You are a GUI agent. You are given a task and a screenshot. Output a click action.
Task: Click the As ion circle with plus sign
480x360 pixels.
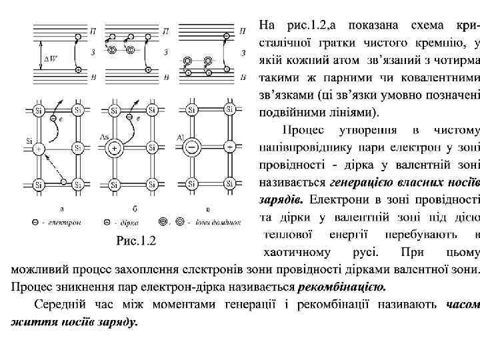click(x=115, y=147)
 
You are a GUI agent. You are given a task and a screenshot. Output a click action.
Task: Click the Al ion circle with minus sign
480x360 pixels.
click(x=191, y=147)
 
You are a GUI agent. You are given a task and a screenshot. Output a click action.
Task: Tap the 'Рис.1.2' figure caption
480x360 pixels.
click(x=137, y=241)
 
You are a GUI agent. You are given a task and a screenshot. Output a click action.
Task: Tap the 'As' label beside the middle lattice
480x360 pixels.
click(x=104, y=136)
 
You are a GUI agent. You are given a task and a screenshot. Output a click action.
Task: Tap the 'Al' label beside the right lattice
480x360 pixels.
click(x=181, y=136)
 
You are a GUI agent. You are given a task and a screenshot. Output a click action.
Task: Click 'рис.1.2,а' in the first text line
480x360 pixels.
click(x=312, y=25)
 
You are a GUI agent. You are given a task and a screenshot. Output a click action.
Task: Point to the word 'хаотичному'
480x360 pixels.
click(x=296, y=253)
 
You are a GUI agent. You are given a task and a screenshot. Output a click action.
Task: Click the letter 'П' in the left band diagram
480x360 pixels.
click(x=93, y=31)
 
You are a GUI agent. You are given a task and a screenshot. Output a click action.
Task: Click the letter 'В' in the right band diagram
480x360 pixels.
click(x=245, y=78)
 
